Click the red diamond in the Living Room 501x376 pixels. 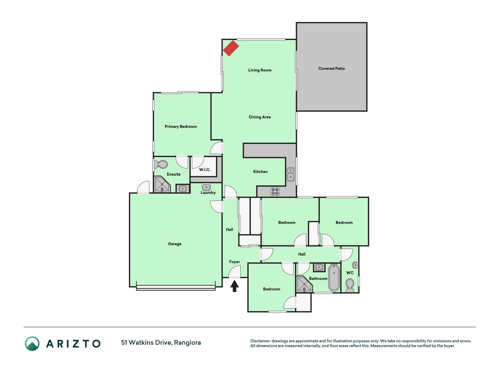231,48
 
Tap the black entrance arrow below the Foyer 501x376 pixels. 234,286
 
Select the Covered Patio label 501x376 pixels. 332,68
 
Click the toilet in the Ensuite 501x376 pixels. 161,164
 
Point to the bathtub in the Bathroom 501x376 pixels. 334,278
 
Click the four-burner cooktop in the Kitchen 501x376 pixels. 275,192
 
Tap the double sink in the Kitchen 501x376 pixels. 291,174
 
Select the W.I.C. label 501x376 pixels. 205,169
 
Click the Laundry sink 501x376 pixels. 206,187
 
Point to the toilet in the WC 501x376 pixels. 350,286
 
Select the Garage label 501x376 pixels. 175,244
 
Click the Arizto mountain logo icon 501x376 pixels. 32,344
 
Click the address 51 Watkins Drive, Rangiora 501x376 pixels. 161,343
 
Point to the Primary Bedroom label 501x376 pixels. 181,127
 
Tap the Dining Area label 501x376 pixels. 260,117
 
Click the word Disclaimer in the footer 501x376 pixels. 260,341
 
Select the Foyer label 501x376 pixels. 235,262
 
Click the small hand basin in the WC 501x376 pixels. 355,265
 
